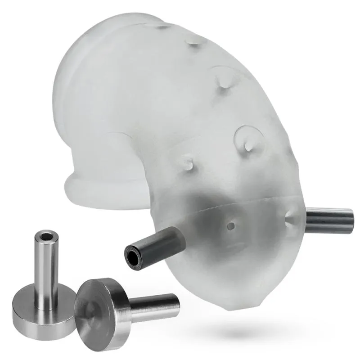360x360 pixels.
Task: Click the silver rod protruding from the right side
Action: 331,219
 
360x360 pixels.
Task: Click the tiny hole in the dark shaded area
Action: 231,224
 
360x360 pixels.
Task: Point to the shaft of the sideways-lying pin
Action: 153,304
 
